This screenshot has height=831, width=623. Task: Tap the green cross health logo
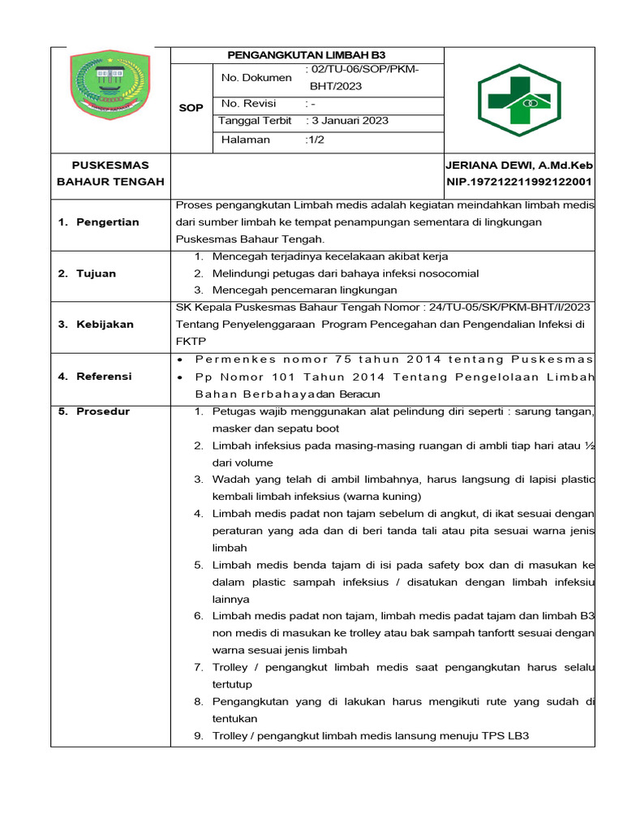(x=518, y=100)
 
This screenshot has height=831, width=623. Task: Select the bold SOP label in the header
(x=192, y=108)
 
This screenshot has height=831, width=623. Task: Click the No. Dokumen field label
(x=256, y=78)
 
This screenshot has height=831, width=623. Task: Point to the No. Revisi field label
(x=248, y=104)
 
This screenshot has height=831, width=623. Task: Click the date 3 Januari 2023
(x=350, y=121)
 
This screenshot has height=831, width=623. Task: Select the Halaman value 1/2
(x=314, y=140)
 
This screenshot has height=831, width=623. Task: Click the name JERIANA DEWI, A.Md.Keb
(x=519, y=165)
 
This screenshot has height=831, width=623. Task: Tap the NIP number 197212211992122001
(x=519, y=182)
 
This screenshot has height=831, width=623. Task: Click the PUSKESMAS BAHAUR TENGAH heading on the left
(x=110, y=174)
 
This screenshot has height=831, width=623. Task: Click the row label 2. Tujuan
(x=87, y=273)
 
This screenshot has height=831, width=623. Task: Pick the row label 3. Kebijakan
(x=96, y=325)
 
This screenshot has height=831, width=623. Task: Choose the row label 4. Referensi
(x=95, y=377)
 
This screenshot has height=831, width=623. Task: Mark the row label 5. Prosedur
(x=94, y=411)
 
